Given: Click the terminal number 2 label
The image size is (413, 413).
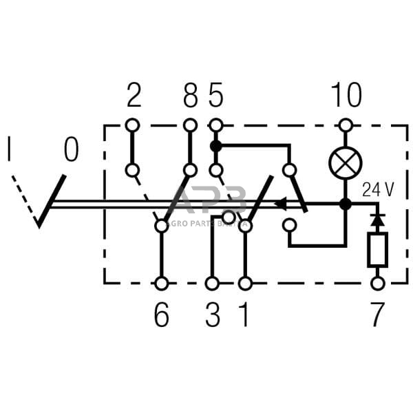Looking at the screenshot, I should (x=134, y=96).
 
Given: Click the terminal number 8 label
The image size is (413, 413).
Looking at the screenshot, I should (x=191, y=96).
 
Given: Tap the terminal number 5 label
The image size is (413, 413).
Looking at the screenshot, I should (x=216, y=96).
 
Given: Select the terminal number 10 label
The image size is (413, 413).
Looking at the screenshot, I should (x=346, y=96).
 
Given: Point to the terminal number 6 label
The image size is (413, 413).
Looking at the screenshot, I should (x=161, y=315).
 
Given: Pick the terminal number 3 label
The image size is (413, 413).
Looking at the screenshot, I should (x=213, y=315).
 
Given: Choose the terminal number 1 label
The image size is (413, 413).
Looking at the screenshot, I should (x=244, y=315).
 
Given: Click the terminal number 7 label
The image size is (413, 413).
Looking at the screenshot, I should (x=377, y=315).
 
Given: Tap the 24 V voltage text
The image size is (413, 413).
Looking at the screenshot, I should (x=378, y=189).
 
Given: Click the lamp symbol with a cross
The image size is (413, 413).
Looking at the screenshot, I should (x=346, y=163).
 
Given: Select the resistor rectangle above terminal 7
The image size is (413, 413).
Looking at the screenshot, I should (x=377, y=249).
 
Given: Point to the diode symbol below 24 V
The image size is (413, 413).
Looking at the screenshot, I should (x=377, y=220).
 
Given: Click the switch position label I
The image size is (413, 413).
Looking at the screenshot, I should (x=10, y=149).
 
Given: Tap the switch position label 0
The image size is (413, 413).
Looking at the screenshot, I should (x=71, y=149).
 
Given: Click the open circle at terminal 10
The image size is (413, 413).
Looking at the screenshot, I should (x=346, y=125).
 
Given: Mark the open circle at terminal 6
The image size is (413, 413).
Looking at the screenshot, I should (x=161, y=283).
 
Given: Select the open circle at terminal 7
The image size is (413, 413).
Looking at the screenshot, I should (x=377, y=283).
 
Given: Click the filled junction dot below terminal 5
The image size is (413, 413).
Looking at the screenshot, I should (x=216, y=146).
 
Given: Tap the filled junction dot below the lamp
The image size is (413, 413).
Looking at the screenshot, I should (x=346, y=204).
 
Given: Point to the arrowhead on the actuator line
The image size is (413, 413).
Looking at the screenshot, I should (x=282, y=204).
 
